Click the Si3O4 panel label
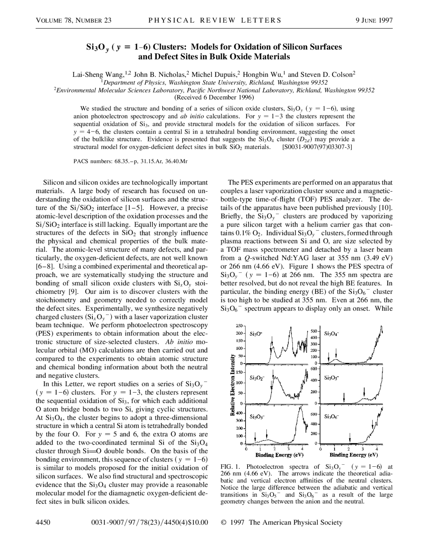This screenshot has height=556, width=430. tap(331, 334)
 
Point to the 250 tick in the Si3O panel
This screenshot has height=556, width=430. tap(239, 326)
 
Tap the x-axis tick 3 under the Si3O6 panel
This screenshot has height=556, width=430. tap(363, 449)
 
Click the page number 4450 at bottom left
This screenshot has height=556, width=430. tap(43, 522)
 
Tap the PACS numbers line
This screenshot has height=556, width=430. tap(130, 161)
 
